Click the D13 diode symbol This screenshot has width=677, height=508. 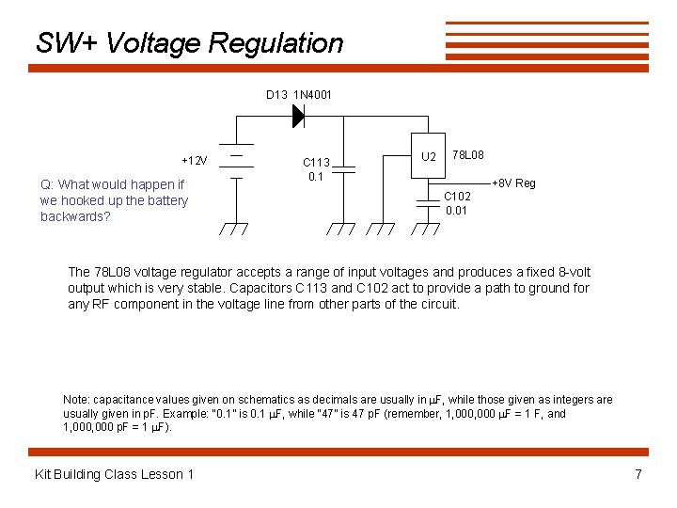(x=298, y=116)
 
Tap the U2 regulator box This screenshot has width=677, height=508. (x=429, y=155)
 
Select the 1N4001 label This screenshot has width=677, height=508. (x=313, y=95)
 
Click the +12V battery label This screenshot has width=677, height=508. (x=195, y=159)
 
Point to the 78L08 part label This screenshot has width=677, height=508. (x=468, y=154)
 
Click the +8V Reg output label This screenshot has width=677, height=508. (x=514, y=183)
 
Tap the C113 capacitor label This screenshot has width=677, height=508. (x=316, y=163)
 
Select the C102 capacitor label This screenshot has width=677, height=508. (x=457, y=197)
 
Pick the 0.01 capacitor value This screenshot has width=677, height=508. (x=457, y=211)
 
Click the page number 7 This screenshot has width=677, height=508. (x=638, y=474)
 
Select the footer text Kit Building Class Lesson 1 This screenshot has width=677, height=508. (x=114, y=474)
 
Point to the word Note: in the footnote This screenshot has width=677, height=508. (x=77, y=400)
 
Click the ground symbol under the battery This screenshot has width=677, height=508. (x=234, y=229)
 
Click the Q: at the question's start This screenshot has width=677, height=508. (x=47, y=184)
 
